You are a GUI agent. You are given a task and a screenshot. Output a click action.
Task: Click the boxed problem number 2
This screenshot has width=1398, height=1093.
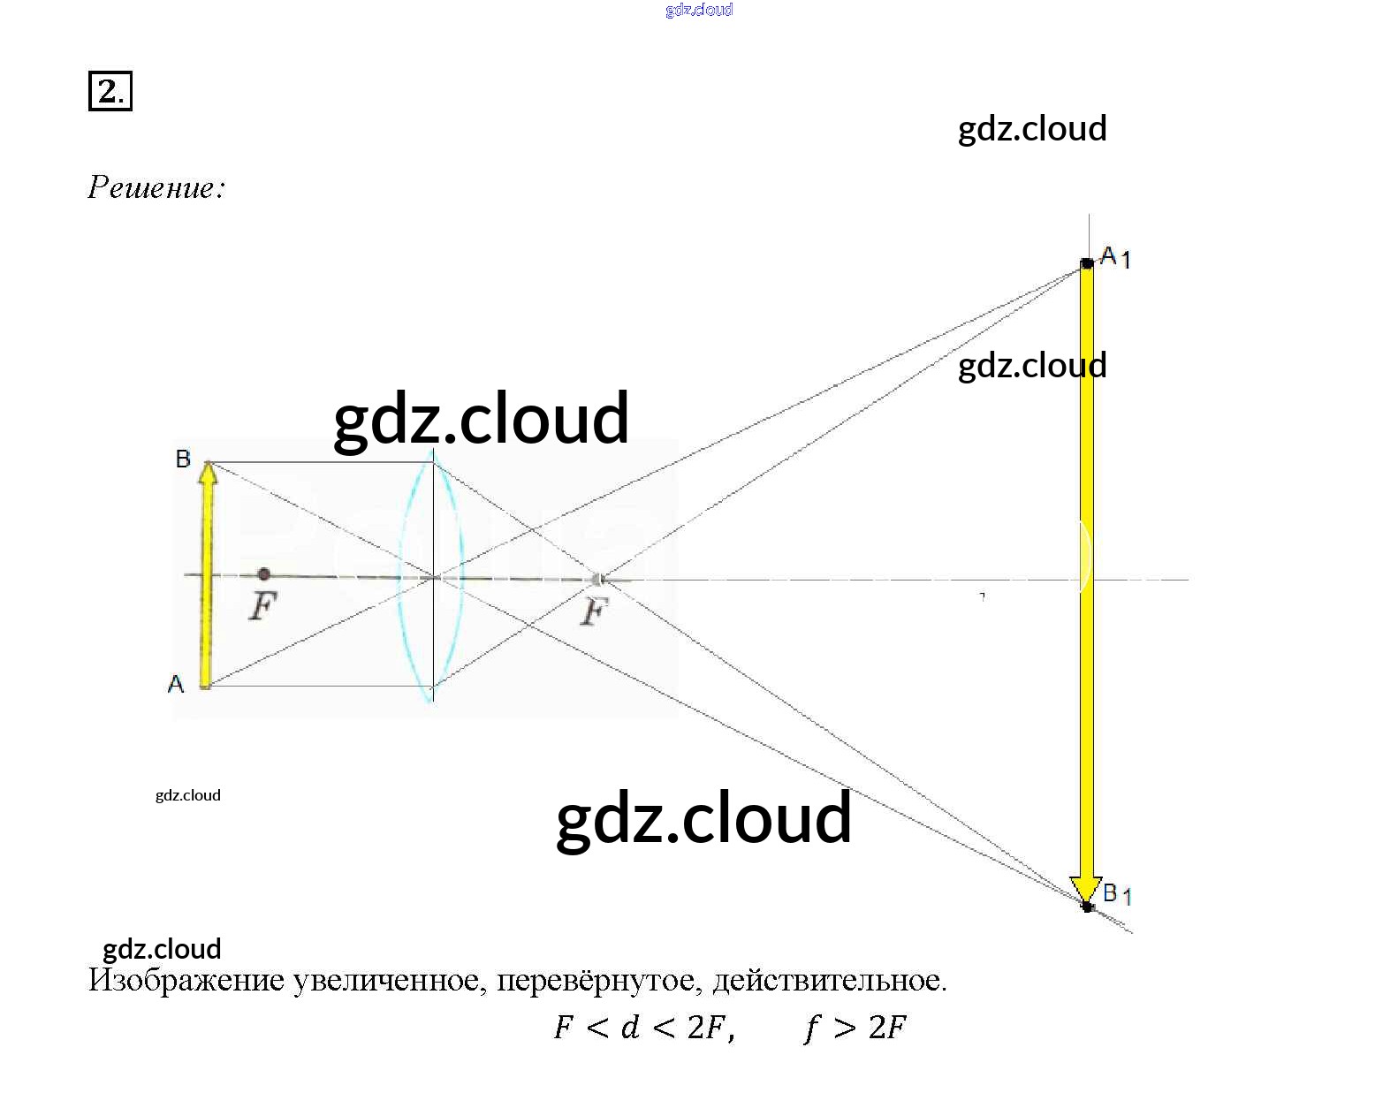(110, 91)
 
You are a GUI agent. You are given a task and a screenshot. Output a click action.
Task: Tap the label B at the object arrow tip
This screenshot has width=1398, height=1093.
(183, 459)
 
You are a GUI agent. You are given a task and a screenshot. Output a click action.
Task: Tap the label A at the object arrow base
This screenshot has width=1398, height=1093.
(176, 684)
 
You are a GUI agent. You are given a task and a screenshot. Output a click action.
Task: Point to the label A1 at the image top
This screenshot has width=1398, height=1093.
(1114, 257)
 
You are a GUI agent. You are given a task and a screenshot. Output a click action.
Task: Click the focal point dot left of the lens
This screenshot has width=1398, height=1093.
(263, 574)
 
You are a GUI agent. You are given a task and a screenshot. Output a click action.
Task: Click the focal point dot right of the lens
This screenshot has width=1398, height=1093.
(597, 580)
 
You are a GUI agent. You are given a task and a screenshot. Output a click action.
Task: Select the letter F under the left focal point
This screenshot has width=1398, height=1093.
(263, 606)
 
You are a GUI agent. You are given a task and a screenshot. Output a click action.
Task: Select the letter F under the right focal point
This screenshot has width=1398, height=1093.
(595, 611)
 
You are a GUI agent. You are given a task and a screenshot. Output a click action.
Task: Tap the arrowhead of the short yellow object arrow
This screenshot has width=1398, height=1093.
(208, 474)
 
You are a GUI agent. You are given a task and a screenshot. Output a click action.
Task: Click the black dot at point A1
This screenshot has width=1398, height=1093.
(1087, 263)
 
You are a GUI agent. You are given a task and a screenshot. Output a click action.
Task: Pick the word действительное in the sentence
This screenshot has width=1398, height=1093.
(829, 981)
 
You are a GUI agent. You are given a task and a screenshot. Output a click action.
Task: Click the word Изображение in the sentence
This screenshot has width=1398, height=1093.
(186, 981)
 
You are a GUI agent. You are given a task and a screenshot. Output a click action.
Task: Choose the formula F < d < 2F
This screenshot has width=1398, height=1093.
(644, 1028)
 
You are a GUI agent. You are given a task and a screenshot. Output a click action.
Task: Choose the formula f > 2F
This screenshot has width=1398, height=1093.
(855, 1028)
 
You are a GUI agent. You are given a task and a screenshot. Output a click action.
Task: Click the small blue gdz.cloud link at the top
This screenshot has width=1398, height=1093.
(699, 10)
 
